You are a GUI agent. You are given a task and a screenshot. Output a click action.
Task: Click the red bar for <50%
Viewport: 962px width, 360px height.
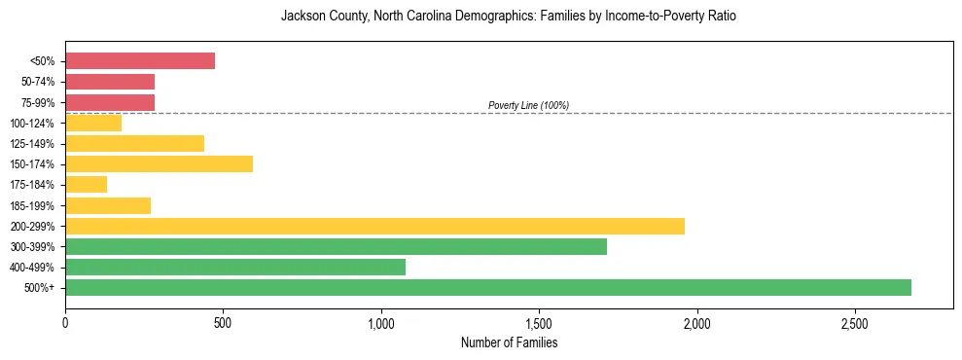[x=140, y=60]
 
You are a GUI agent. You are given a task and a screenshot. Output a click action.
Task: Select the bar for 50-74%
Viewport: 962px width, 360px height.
[x=110, y=82]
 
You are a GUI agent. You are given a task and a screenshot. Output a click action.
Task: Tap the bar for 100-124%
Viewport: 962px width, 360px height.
[x=93, y=123]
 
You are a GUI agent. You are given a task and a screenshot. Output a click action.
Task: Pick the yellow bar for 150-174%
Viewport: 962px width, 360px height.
[x=159, y=163]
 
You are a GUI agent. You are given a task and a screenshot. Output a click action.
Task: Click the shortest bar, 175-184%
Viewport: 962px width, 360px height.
[x=86, y=185]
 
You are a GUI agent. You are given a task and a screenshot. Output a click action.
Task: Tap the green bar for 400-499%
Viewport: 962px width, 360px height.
[x=235, y=267]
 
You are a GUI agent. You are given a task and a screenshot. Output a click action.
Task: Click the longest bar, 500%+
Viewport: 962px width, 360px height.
[x=488, y=287]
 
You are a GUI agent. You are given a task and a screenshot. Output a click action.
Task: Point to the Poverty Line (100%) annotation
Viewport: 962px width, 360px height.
[x=528, y=105]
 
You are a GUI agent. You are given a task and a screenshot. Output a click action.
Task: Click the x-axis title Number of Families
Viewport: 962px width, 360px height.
[x=509, y=342]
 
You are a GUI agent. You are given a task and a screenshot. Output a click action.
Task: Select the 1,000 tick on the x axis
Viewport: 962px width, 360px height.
[x=381, y=322]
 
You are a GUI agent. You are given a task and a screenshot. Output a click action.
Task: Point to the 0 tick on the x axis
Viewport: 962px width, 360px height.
[x=65, y=322]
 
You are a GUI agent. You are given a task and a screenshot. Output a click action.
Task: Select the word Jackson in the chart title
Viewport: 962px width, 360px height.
[x=301, y=17]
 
